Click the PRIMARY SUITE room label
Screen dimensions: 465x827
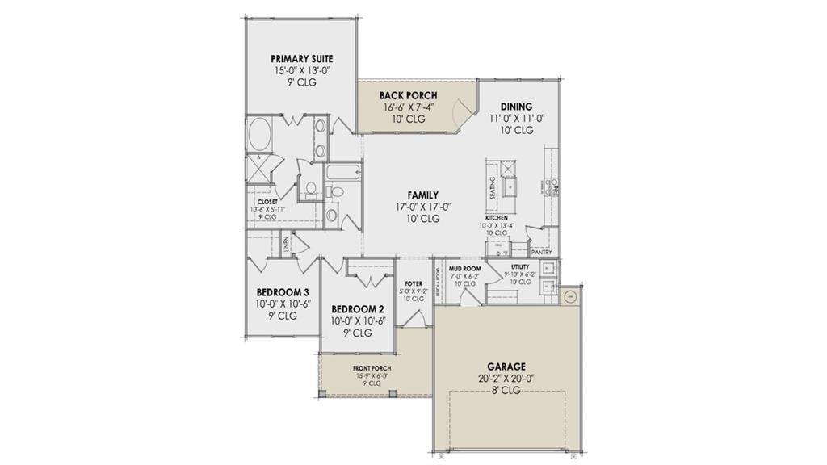point(301,59)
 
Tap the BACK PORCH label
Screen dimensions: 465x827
point(408,95)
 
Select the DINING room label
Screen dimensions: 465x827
point(516,107)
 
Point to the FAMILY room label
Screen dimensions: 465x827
point(423,195)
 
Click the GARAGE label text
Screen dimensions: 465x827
point(506,366)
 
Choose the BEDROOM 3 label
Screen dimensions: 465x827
point(283,292)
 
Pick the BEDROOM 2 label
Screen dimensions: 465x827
point(357,309)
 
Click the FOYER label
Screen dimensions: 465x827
point(414,283)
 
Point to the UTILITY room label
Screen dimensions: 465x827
point(520,266)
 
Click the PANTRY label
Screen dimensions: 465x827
point(542,252)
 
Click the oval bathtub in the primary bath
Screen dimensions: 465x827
point(260,134)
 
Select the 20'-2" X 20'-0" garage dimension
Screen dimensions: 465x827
point(506,378)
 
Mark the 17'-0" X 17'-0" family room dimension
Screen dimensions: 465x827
point(423,207)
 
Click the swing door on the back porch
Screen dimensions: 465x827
point(462,112)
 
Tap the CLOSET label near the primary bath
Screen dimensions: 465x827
point(267,202)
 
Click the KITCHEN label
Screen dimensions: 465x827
point(496,218)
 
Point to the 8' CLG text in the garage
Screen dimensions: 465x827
point(506,390)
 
